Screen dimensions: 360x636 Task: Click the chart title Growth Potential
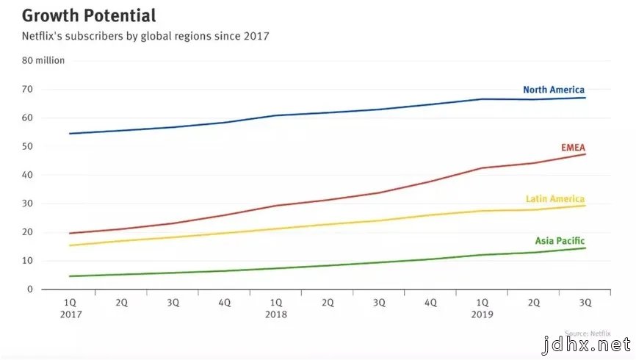88,15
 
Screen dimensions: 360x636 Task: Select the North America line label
554,90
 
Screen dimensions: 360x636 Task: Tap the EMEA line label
573,147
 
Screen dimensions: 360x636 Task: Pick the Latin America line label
555,199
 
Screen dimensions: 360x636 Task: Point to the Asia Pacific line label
560,241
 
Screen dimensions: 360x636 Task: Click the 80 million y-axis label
43,61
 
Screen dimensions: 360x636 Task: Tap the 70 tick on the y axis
27,90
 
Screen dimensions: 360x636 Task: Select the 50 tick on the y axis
27,147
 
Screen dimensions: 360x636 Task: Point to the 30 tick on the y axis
27,204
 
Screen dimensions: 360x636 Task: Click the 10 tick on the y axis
27,261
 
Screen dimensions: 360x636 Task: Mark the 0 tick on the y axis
30,289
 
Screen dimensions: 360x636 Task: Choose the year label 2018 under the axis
277,314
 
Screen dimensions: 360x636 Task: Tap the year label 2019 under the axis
483,314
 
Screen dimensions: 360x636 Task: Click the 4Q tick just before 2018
225,302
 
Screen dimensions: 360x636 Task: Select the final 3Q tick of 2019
585,302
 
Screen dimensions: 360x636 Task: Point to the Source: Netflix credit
588,334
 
